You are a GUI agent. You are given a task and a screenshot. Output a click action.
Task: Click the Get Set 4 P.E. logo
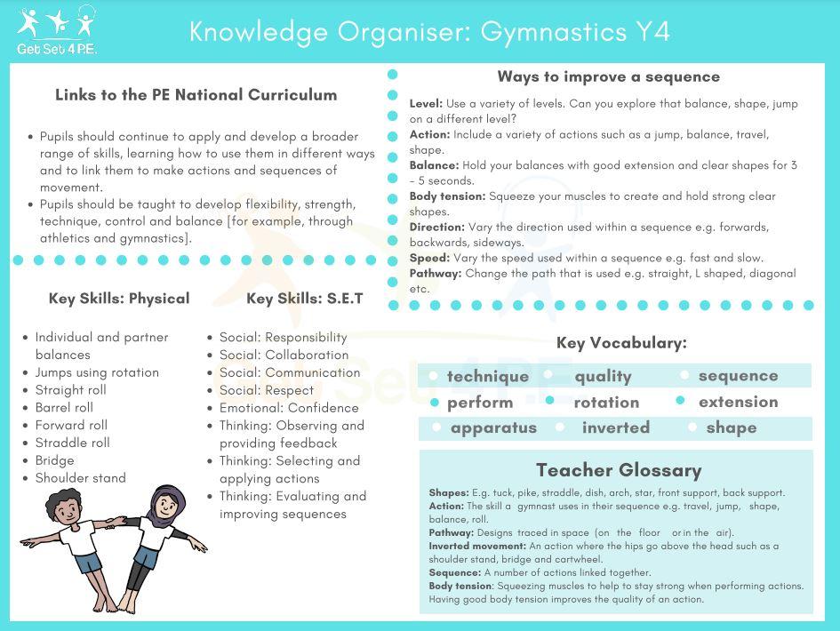coord(57,30)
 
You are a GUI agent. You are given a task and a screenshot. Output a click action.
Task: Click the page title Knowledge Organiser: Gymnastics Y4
coord(429,32)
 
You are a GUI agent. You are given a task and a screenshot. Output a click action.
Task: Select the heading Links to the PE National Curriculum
coord(196,95)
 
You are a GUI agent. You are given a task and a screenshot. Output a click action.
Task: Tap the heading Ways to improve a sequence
coord(608,76)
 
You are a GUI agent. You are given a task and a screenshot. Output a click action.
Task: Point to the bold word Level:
coord(426,104)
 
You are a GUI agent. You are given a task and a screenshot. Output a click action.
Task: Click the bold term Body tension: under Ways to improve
coord(447,196)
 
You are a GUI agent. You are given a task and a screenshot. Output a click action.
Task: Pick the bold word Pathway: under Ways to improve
coord(435,274)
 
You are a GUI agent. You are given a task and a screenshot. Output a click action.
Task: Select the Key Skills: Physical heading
coord(119,299)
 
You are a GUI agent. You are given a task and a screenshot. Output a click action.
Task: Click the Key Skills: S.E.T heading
coord(305,299)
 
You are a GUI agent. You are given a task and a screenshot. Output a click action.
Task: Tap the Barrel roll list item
coord(64,408)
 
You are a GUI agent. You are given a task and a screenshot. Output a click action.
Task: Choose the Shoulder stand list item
coord(80,478)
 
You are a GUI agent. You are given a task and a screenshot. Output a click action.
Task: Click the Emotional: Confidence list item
coord(289,408)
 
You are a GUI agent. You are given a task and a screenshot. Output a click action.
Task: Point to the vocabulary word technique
coord(487,377)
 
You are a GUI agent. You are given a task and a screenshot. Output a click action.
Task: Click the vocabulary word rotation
coord(606,403)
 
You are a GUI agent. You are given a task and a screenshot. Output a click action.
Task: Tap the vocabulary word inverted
coord(616,428)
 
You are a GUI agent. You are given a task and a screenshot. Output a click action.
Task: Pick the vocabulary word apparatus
coord(493,428)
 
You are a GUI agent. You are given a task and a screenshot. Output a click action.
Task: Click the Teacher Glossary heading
coord(618,470)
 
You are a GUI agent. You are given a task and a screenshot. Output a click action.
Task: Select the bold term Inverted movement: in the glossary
coord(476,547)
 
